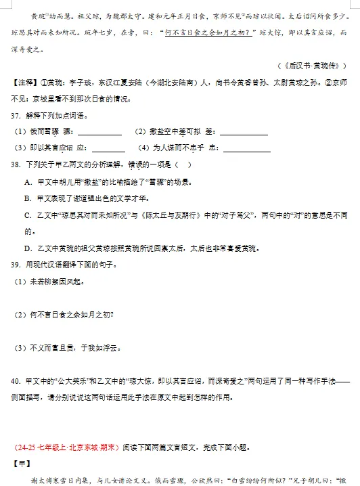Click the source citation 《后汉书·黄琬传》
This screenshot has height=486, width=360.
click(312, 66)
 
